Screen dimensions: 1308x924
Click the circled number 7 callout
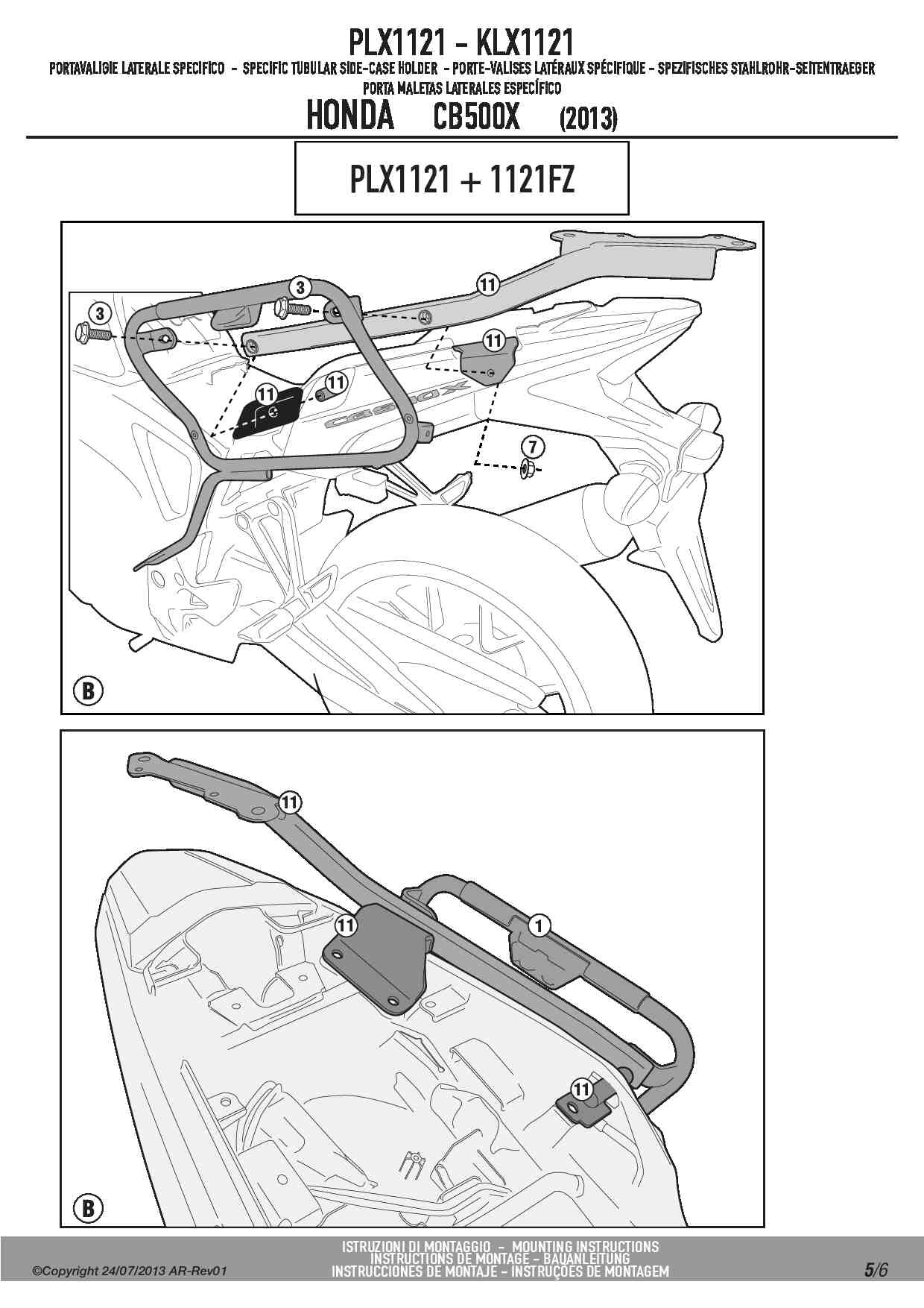click(x=532, y=447)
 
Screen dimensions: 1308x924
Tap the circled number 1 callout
click(x=539, y=926)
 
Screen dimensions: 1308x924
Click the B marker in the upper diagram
click(x=88, y=691)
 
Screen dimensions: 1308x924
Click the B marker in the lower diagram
click(x=88, y=1207)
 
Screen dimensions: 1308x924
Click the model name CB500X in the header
click(x=475, y=118)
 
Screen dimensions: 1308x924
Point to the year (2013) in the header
click(x=587, y=119)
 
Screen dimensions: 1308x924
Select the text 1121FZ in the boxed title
click(x=531, y=180)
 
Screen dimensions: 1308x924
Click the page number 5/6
click(x=876, y=1269)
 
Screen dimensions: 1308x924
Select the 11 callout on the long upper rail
click(x=487, y=284)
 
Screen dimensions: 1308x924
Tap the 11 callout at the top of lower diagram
click(x=290, y=802)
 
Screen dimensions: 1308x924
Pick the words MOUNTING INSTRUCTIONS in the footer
click(x=586, y=1246)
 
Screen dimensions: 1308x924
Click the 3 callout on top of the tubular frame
click(x=299, y=287)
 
